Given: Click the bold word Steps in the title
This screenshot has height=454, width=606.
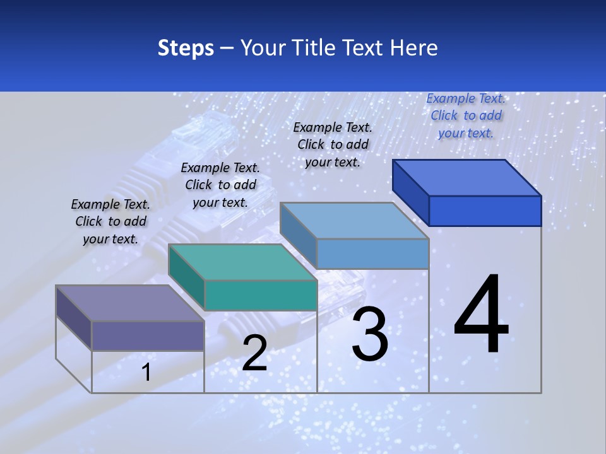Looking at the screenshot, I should [x=186, y=48].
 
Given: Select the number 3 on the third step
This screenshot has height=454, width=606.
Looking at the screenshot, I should [x=369, y=334].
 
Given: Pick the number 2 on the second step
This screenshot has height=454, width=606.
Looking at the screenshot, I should [x=254, y=354].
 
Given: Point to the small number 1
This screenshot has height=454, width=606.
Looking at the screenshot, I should [x=146, y=373].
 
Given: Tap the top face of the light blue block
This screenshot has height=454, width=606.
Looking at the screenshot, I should [x=355, y=221].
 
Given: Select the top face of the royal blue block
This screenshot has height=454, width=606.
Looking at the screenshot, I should [x=467, y=177].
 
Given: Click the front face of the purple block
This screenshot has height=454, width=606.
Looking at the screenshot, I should [x=148, y=335].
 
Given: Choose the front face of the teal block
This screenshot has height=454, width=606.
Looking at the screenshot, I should [x=260, y=295].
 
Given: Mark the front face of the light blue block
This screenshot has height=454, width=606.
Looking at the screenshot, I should [x=372, y=254].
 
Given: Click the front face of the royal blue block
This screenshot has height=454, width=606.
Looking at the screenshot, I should [x=485, y=211].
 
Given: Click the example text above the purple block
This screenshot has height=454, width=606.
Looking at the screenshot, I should [x=110, y=221].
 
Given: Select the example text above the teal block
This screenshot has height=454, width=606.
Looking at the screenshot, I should [x=220, y=185].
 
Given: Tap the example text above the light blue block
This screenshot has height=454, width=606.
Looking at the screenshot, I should [x=333, y=144].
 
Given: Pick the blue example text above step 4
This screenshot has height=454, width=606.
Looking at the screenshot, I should [x=466, y=115].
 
